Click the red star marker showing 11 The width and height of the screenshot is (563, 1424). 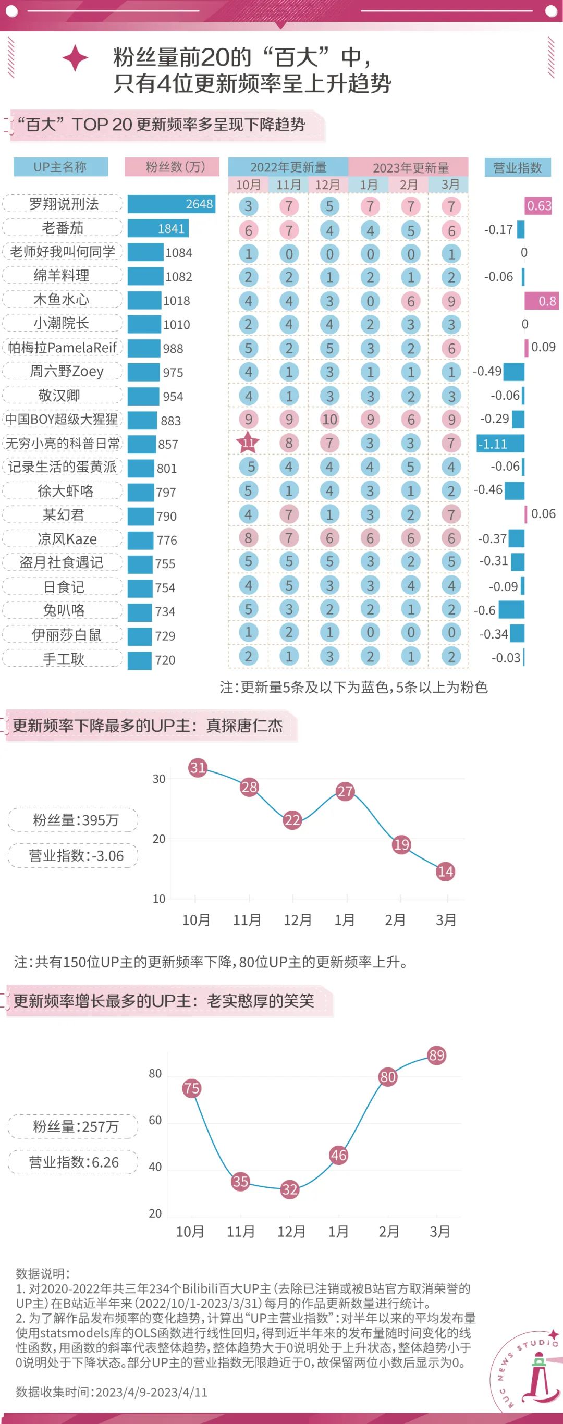pyautogui.click(x=248, y=443)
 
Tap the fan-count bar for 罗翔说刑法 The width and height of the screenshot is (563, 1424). pyautogui.click(x=171, y=204)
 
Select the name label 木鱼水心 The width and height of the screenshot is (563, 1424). pyautogui.click(x=62, y=299)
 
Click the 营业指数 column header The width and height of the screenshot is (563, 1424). pyautogui.click(x=517, y=167)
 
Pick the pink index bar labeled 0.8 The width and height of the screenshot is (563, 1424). pyautogui.click(x=541, y=301)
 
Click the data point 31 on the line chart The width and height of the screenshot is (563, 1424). pyautogui.click(x=198, y=767)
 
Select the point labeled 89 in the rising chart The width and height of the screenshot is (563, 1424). pyautogui.click(x=436, y=1055)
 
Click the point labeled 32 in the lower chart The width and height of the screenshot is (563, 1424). pyautogui.click(x=289, y=1189)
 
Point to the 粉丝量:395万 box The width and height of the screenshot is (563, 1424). pyautogui.click(x=74, y=820)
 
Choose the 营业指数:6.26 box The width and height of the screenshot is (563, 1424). pyautogui.click(x=74, y=1162)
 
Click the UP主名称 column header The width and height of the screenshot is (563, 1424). pyautogui.click(x=60, y=167)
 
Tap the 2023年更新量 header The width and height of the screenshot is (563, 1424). pyautogui.click(x=410, y=167)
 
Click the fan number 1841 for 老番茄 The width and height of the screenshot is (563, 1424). pyautogui.click(x=171, y=228)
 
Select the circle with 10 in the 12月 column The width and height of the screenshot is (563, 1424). pyautogui.click(x=329, y=420)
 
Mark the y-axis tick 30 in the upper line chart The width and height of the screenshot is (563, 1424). pyautogui.click(x=158, y=779)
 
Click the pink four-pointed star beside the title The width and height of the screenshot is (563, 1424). pyautogui.click(x=75, y=58)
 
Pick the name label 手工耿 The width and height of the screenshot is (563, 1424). pyautogui.click(x=63, y=658)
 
